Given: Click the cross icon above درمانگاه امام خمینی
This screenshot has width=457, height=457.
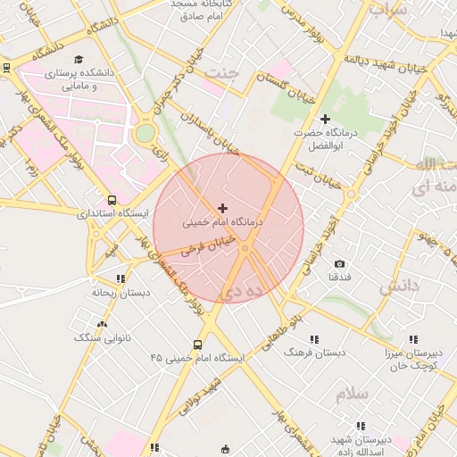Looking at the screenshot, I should coord(222,207).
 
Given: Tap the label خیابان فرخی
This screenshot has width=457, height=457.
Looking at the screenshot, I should coord(208,245).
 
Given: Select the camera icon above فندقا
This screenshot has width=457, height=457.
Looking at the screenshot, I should coord(339,263).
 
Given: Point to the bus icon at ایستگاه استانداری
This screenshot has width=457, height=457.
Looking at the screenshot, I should coord(112,201).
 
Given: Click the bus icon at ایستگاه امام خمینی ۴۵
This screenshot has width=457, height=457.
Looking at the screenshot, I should coord(197,345).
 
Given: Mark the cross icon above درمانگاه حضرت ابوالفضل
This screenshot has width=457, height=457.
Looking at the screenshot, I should coord(325,119).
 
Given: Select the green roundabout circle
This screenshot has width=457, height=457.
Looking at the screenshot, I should coord(145,133).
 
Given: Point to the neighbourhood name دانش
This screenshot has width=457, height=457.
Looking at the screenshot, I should coord(398,286).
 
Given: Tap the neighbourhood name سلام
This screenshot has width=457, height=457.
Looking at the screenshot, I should coord(352,393).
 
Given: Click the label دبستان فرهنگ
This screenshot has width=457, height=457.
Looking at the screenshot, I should coord(313,353).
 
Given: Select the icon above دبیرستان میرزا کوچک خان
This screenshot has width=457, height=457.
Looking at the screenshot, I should coord(412,339).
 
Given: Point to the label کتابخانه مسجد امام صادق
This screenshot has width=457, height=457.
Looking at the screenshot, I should coord(207,10).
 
